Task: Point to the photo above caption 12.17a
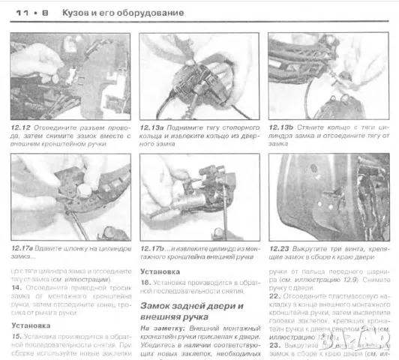(x=70, y=197)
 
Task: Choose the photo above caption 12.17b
(x=199, y=197)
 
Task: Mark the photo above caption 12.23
(x=327, y=197)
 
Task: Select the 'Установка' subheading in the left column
(x=31, y=325)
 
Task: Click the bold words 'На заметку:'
(x=160, y=328)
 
